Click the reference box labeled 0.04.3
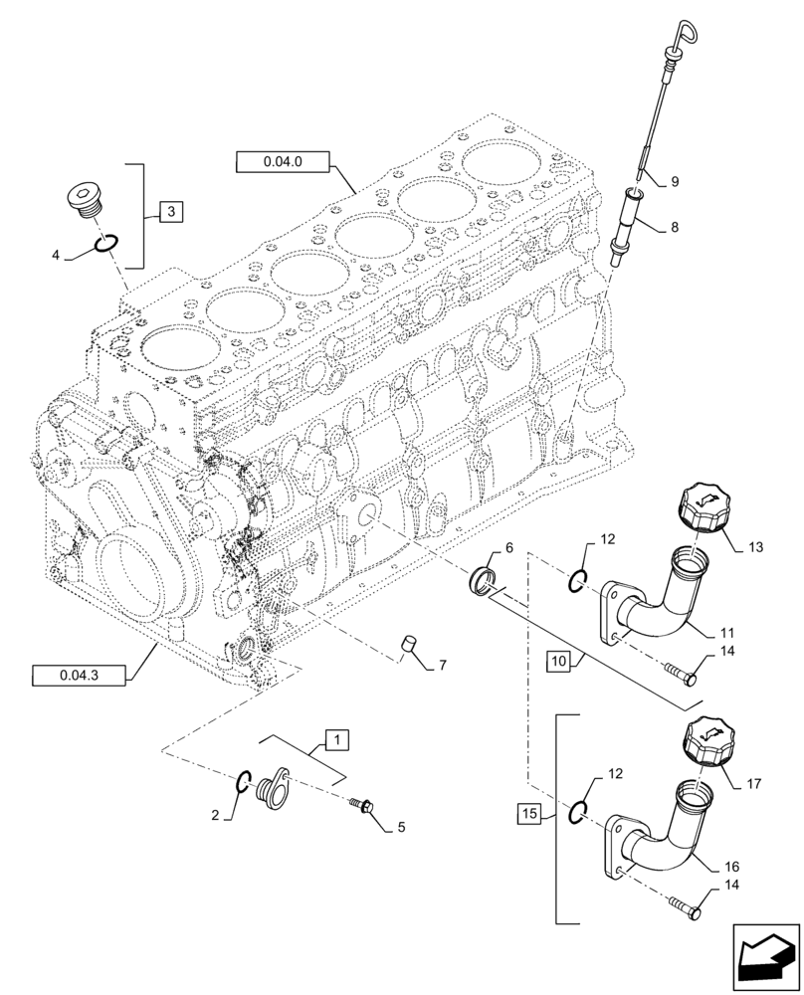click(79, 677)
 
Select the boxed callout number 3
click(171, 211)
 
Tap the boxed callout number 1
click(337, 739)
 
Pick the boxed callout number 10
click(557, 660)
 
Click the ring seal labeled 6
click(483, 579)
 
